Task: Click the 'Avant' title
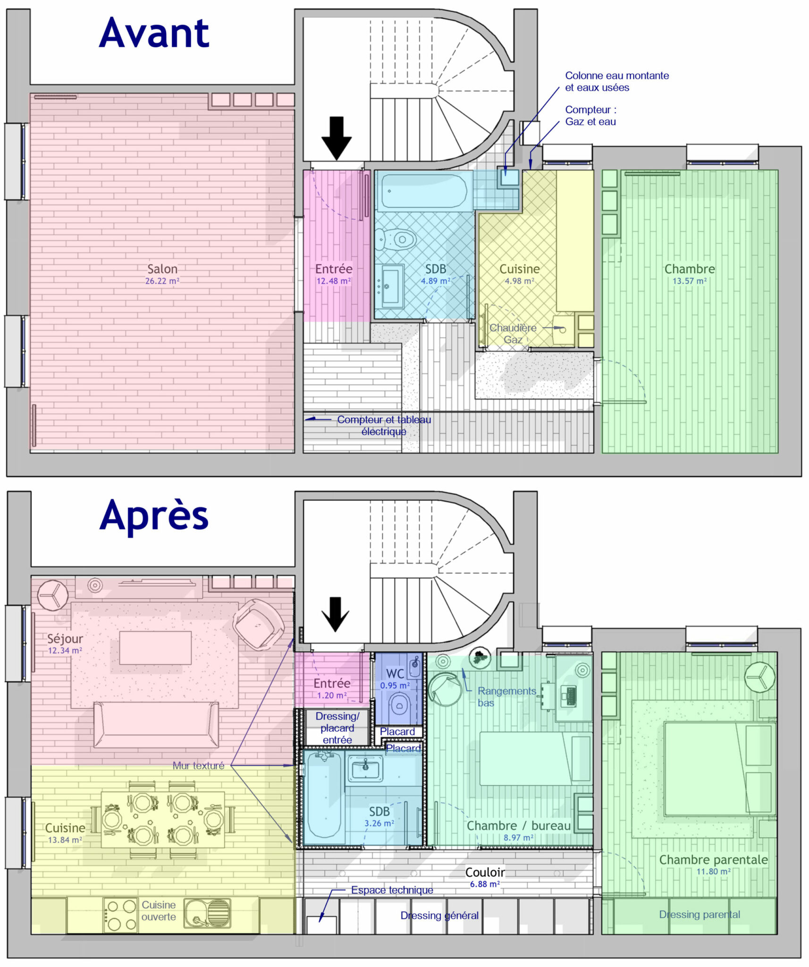pos(154,33)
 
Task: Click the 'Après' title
pos(154,516)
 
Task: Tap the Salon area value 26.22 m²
pos(162,281)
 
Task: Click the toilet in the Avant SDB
pos(398,239)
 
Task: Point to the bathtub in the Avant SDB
pos(423,192)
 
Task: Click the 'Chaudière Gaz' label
pos(513,333)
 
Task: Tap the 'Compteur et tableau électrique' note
pos(383,425)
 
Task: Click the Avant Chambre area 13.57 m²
pos(689,281)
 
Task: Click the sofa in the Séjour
pos(156,725)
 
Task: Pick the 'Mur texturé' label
pos(198,765)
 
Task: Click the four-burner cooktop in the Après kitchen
pos(121,915)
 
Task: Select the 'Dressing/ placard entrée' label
pos(337,728)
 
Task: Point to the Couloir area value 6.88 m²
pos(484,884)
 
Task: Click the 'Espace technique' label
pos(392,890)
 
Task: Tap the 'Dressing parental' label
pos(699,914)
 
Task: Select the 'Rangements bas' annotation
pos(506,697)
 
